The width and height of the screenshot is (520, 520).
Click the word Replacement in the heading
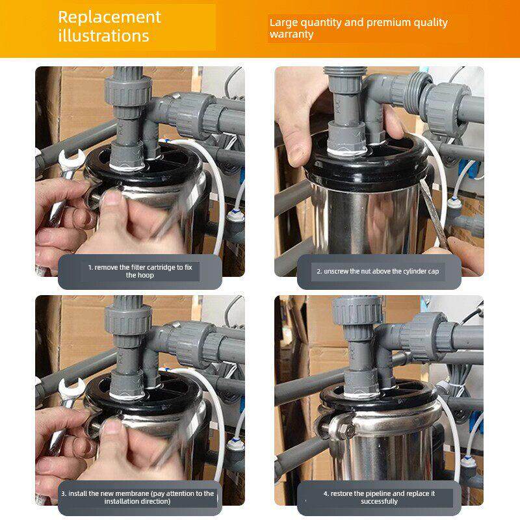109,18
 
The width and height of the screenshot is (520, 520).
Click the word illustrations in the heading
103,36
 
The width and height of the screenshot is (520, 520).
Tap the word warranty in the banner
291,34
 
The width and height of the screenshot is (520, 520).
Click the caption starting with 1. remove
140,271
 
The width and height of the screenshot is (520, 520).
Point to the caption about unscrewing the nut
378,271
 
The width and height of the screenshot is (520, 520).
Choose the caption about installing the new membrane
138,497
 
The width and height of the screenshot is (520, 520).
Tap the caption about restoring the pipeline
379,497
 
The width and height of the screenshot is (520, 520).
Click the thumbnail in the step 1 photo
112,199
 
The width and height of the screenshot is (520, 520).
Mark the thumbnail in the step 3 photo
112,427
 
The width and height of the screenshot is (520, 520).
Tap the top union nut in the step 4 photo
357,311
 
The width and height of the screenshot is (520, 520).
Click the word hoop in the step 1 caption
146,276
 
